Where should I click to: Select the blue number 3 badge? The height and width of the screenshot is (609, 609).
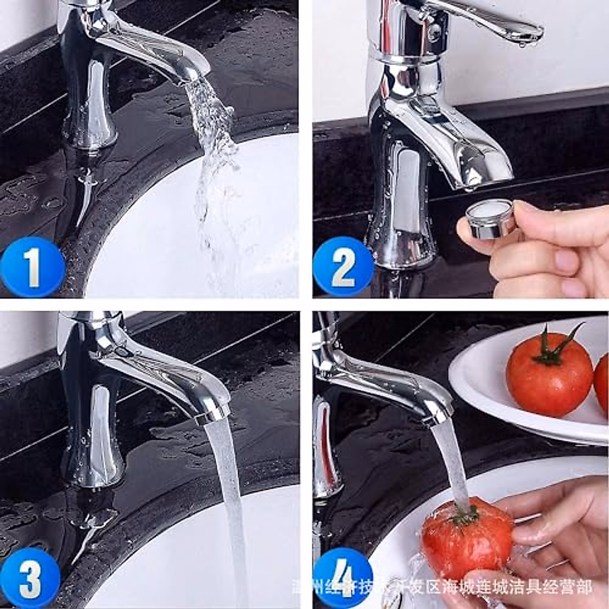click(x=30, y=579)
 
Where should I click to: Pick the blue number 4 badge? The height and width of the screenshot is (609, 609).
click(x=343, y=579)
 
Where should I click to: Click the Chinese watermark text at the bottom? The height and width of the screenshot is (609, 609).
click(x=442, y=588)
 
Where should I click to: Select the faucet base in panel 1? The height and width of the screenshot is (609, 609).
click(x=89, y=127)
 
